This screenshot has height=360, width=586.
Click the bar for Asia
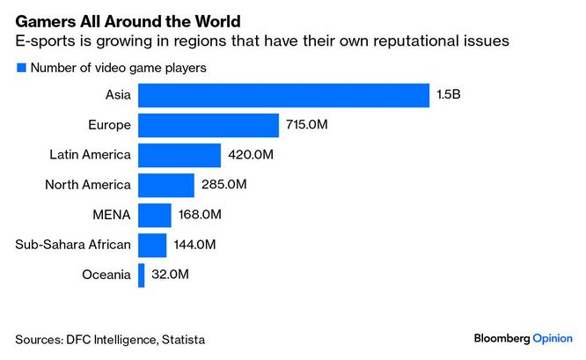pyautogui.click(x=283, y=95)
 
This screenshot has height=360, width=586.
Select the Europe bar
pyautogui.click(x=209, y=125)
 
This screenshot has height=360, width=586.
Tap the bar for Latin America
pyautogui.click(x=179, y=156)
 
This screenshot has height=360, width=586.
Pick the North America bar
pyautogui.click(x=166, y=185)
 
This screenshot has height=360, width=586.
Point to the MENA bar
pyautogui.click(x=155, y=215)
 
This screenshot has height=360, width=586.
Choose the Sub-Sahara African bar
pyautogui.click(x=152, y=245)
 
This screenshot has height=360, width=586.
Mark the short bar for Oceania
pyautogui.click(x=141, y=275)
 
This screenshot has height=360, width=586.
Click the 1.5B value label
pyautogui.click(x=447, y=95)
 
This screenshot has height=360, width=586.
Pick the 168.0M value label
pyautogui.click(x=200, y=215)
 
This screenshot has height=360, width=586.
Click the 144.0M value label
pyautogui.click(x=194, y=245)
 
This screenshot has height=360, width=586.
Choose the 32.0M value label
pyautogui.click(x=170, y=275)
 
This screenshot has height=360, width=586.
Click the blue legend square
pyautogui.click(x=20, y=67)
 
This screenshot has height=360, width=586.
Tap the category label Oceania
pyautogui.click(x=107, y=275)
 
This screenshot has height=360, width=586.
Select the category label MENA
pyautogui.click(x=113, y=215)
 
